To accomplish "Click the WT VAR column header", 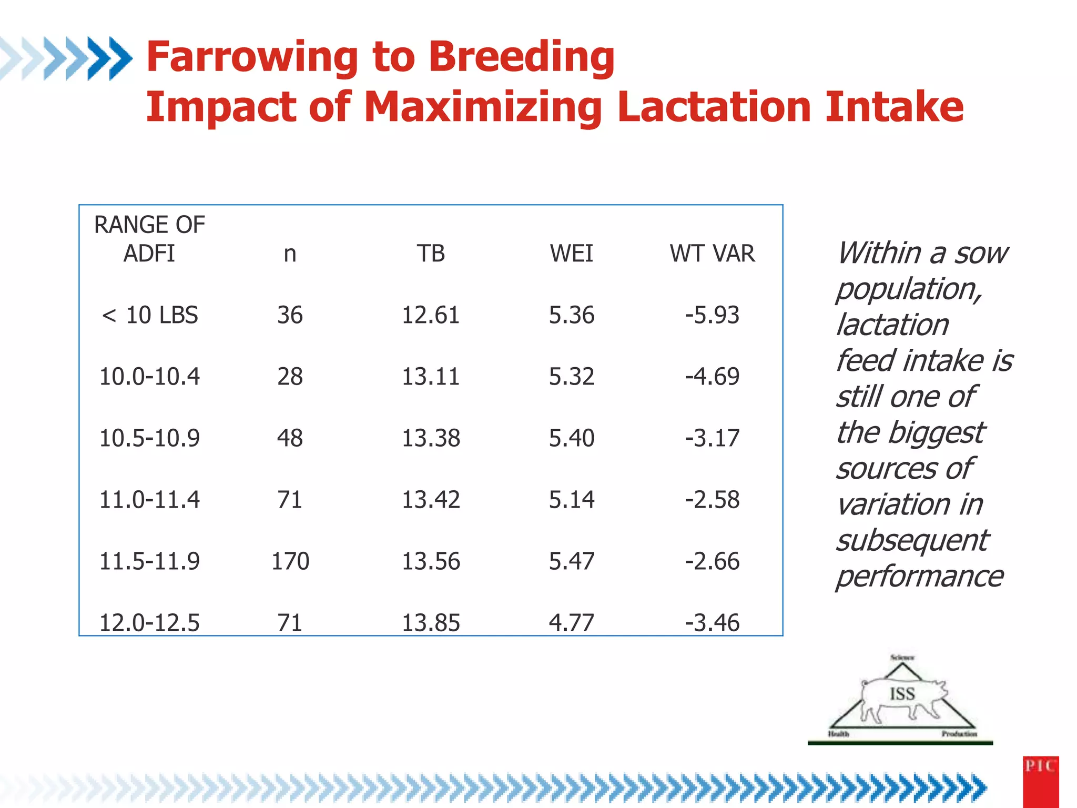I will [712, 254].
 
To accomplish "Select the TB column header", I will [431, 254].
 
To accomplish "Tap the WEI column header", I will [571, 254].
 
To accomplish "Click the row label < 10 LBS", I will [149, 315].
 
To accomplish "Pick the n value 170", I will [290, 561].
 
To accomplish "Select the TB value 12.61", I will [431, 315].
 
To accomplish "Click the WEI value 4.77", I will [571, 622].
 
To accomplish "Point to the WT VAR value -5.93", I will [712, 315].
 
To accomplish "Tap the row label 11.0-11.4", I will [149, 499].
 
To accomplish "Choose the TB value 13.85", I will [431, 622].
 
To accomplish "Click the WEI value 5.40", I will [571, 438].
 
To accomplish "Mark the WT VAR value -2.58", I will [712, 499].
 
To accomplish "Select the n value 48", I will [290, 438].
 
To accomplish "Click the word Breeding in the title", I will [521, 58].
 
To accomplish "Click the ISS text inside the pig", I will [902, 693].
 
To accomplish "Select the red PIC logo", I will [1040, 781].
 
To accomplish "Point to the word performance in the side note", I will [920, 576].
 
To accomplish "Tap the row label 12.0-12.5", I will [149, 622].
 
